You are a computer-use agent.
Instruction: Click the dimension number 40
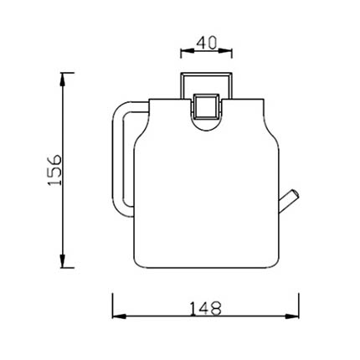tap(207, 43)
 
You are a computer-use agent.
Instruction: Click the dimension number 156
tap(54, 170)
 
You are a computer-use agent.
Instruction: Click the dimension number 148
tap(206, 308)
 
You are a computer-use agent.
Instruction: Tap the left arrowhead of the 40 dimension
tap(187, 51)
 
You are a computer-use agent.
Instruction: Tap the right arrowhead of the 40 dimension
tap(225, 51)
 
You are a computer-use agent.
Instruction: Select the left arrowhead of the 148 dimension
tap(119, 316)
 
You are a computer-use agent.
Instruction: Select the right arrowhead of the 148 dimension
tap(292, 316)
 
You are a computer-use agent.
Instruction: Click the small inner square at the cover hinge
tap(205, 106)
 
